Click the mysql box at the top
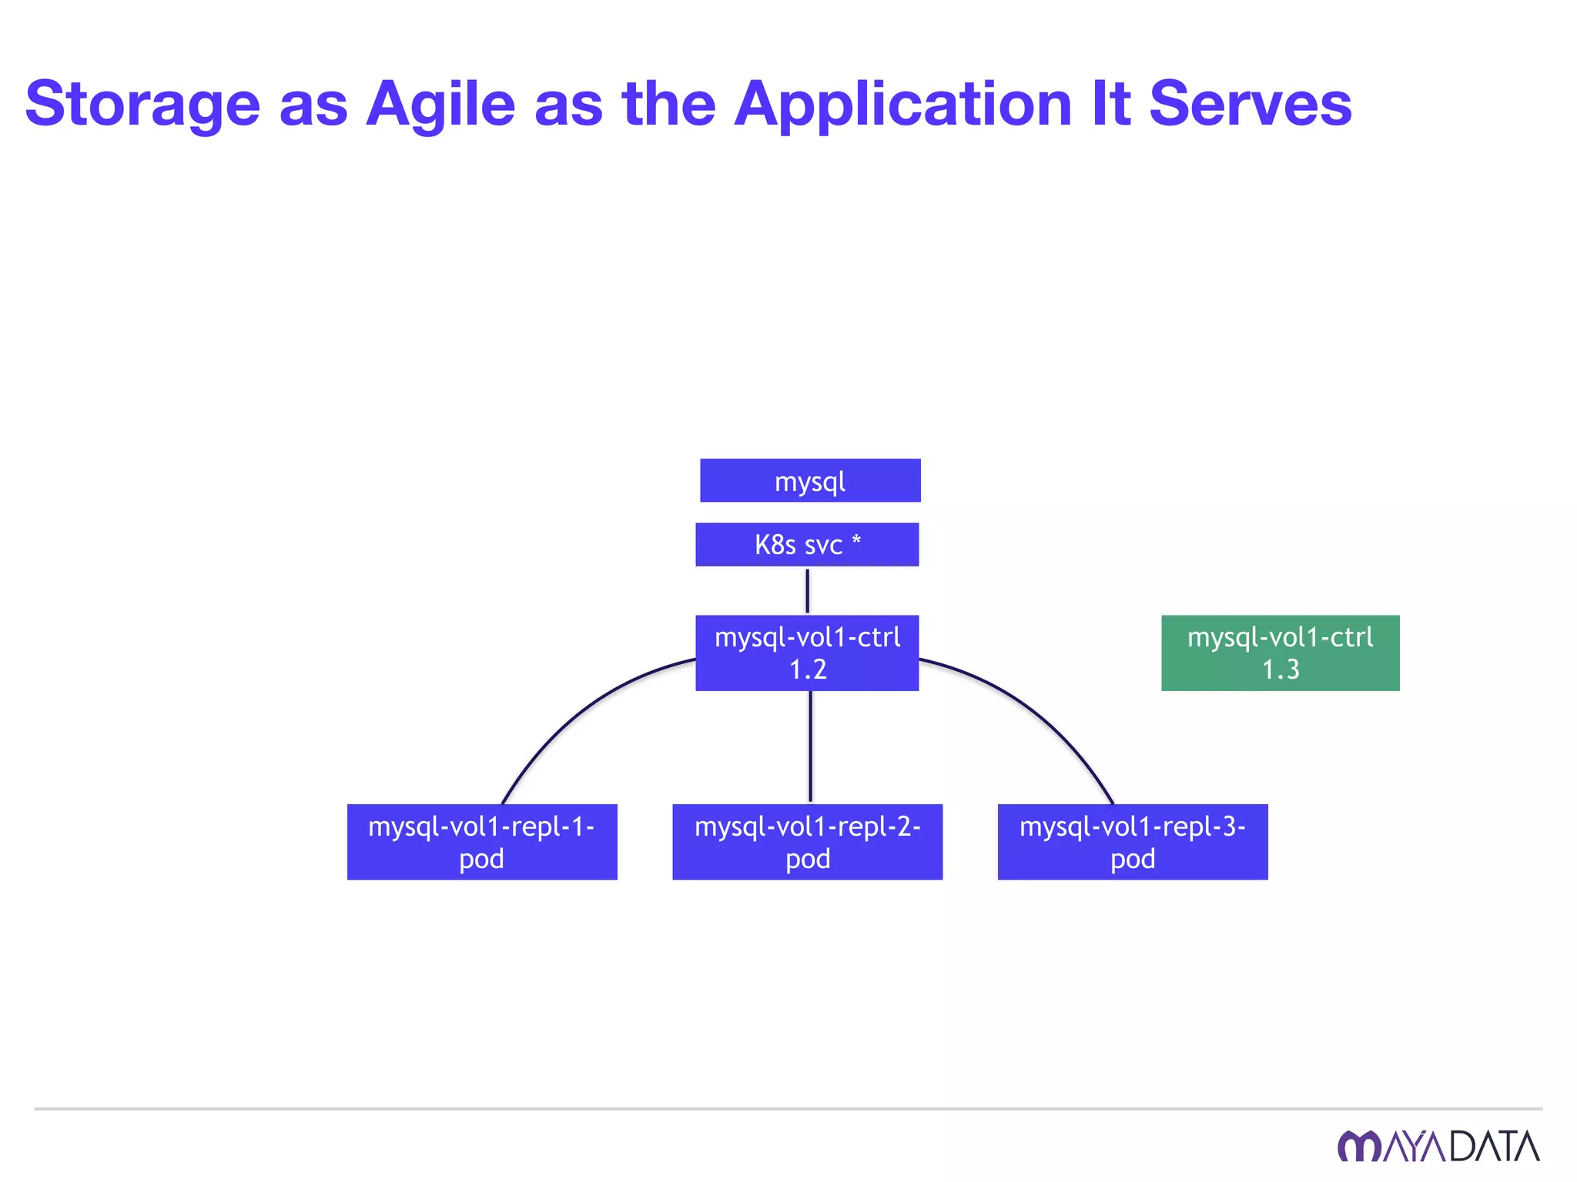coord(810,481)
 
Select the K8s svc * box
coord(807,545)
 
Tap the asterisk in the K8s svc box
coord(856,540)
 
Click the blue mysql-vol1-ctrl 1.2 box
coord(807,653)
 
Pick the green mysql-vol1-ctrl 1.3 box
coord(1280,653)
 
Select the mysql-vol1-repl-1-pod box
coord(482,842)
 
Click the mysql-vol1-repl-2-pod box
coord(807,842)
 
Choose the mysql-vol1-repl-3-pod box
coord(1132,842)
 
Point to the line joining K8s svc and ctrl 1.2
coord(807,591)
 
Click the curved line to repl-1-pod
coord(570,716)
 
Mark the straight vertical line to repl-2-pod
coord(810,746)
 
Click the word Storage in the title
coord(143,105)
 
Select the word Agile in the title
coord(440,103)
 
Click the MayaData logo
coord(1438,1146)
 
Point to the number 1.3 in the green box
coord(1281,669)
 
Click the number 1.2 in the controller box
coord(808,669)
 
